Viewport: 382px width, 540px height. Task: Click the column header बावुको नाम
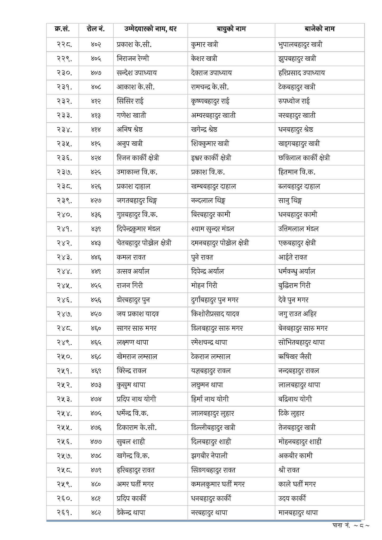point(231,29)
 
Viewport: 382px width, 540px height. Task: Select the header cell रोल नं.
point(95,29)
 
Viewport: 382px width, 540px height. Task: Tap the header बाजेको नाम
point(319,29)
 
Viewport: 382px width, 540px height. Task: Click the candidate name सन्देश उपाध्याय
point(137,73)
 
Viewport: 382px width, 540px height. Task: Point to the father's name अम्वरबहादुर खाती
point(213,115)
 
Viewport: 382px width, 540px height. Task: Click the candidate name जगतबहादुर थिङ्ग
point(137,201)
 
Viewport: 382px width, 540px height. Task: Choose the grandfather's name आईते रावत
point(293,257)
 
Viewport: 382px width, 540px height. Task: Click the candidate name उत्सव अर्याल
point(133,271)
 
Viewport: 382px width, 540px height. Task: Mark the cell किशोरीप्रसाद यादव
point(215,314)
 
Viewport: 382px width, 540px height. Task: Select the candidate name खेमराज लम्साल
point(137,357)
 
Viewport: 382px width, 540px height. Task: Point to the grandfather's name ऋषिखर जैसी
point(295,357)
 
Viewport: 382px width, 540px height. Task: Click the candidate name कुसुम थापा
point(131,385)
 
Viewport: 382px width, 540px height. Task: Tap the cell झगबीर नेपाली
point(209,456)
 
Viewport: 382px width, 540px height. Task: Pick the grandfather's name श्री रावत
point(289,470)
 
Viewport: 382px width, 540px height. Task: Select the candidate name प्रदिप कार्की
point(131,499)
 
